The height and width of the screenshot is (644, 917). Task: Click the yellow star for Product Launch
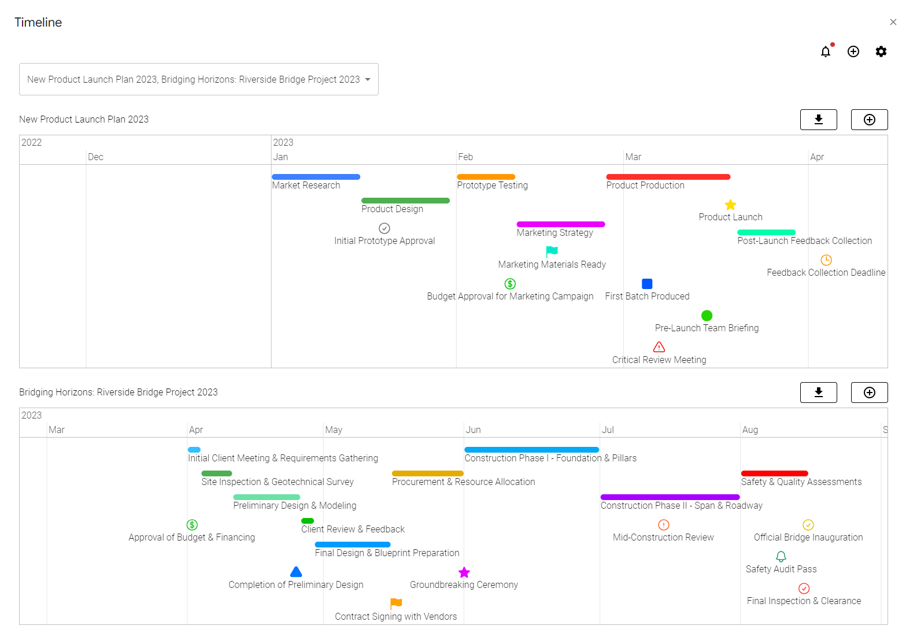click(730, 205)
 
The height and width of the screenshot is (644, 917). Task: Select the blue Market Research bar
click(316, 177)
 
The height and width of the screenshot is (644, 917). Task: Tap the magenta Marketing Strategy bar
click(560, 224)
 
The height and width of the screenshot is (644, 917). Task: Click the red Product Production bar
click(668, 177)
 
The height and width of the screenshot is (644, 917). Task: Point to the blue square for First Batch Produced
click(647, 284)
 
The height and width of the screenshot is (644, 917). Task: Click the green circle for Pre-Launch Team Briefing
click(707, 316)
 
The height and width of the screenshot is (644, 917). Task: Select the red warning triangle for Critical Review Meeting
click(659, 347)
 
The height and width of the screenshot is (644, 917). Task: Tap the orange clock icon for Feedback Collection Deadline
click(826, 260)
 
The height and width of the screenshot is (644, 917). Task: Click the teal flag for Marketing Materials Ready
click(552, 251)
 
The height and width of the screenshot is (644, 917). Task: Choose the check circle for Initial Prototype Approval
click(384, 228)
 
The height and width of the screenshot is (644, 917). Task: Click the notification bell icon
click(826, 51)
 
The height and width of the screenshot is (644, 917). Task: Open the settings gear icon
click(881, 51)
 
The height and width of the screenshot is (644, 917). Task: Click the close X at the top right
click(893, 22)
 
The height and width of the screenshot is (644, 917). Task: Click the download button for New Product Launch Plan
click(818, 120)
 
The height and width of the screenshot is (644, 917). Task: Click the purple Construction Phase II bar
click(670, 497)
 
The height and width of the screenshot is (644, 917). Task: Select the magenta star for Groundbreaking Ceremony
click(464, 572)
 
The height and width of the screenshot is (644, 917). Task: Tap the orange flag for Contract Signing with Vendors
click(396, 604)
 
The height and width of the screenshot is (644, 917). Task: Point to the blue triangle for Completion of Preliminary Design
click(296, 572)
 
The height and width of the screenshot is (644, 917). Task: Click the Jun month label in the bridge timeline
click(474, 430)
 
